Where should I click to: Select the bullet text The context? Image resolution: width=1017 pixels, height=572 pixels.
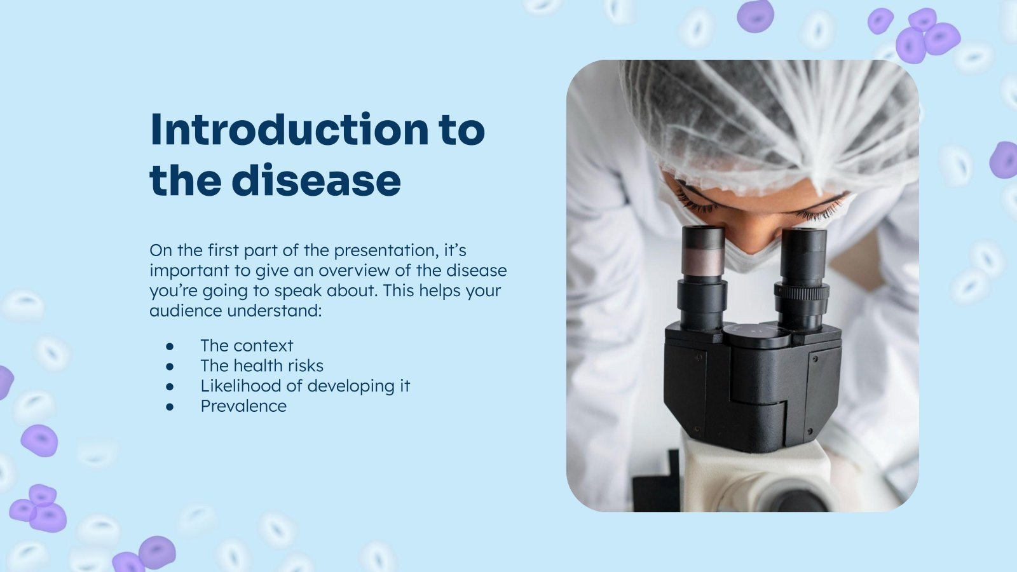coord(247,346)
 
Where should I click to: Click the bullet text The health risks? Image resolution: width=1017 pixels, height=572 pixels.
coord(262,366)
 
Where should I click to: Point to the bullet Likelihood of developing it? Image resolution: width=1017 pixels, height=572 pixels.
coord(305,386)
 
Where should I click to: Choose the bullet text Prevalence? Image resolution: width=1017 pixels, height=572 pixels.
coord(243,407)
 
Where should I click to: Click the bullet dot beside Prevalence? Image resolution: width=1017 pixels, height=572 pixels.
coord(170,407)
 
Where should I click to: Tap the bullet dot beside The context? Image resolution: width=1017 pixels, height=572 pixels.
coord(170,346)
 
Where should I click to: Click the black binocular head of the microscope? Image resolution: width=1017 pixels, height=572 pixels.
coord(753,381)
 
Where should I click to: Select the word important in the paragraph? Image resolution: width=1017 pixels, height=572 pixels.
coord(189,271)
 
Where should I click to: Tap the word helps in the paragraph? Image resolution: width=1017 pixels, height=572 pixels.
coord(432,291)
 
